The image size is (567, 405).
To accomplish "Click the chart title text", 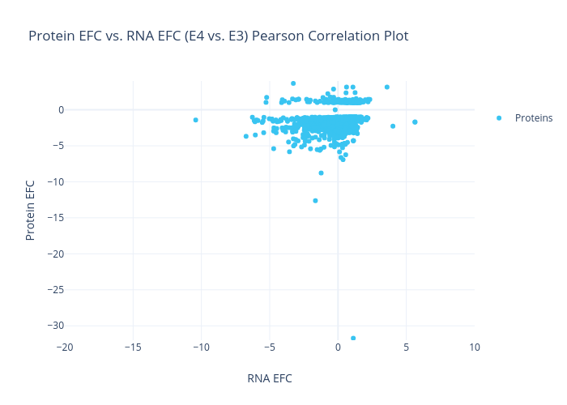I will coord(218,36).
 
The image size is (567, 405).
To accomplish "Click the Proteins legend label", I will coord(534,118).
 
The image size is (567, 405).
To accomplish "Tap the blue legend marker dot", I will coord(499,118).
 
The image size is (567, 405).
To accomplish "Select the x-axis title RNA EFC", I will coord(269,378).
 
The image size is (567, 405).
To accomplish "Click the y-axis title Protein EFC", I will coord(31,209).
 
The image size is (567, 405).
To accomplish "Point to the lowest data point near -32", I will coord(353,338).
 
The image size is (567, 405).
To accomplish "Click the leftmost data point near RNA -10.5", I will coord(195,120).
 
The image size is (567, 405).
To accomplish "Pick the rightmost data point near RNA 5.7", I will coord(415,122).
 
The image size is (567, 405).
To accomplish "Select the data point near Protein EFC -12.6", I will coord(315,201).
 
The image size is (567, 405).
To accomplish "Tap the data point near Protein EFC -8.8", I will coord(321,173).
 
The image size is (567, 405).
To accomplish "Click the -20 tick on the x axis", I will coord(66,347).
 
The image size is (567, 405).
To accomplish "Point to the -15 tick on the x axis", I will coord(134,347).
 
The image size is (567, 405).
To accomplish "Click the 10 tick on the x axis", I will coord(474,347).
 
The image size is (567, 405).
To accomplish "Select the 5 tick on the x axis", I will coord(406,347).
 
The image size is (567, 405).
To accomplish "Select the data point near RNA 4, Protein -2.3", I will coord(393,126).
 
